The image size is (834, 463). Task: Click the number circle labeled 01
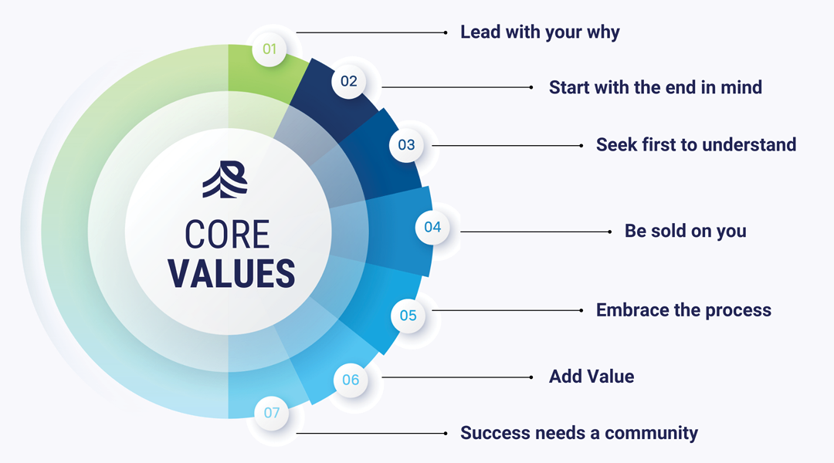(x=270, y=49)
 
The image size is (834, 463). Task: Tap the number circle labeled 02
(x=349, y=81)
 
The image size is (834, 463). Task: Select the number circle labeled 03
(x=406, y=144)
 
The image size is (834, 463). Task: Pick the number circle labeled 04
(x=432, y=227)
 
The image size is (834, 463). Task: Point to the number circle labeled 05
(x=408, y=315)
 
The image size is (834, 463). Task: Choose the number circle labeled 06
(x=351, y=380)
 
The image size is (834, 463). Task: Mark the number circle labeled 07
(x=272, y=413)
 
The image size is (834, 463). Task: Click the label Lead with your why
(x=540, y=32)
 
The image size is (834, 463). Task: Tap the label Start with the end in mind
(x=655, y=87)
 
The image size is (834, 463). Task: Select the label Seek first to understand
(x=696, y=144)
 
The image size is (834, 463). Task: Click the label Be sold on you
(x=685, y=231)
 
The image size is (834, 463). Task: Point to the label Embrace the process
(x=683, y=310)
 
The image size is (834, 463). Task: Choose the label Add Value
(x=592, y=377)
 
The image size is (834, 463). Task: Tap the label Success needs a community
(x=578, y=433)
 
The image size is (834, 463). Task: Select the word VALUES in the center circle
(x=232, y=273)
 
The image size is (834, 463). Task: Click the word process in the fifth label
(x=734, y=310)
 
